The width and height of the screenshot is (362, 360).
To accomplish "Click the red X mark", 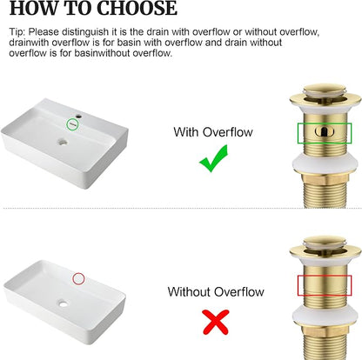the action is [x=216, y=322].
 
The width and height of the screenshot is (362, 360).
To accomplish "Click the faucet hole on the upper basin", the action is [x=78, y=117].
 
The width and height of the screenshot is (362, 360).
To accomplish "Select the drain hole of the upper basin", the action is [x=62, y=142].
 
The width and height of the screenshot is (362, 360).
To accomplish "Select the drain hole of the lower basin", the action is [x=63, y=303].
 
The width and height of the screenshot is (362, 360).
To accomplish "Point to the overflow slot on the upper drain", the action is [x=325, y=131].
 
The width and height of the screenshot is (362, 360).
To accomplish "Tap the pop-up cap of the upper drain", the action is [x=324, y=90].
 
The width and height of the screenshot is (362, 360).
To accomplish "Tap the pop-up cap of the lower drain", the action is [x=324, y=241].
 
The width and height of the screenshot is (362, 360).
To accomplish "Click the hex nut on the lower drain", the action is [x=325, y=332].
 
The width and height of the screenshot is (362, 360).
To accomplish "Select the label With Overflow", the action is [x=213, y=132].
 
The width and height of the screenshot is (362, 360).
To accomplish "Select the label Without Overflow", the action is [x=216, y=291].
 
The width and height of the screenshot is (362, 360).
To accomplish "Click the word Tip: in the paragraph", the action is [x=17, y=31].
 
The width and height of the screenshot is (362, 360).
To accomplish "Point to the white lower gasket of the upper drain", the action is [x=325, y=163].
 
